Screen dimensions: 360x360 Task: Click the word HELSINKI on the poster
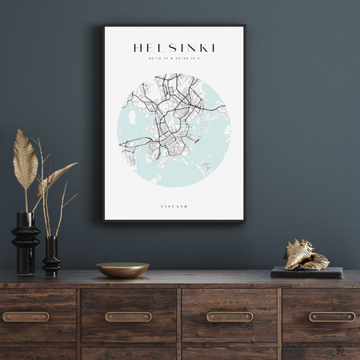pos(174,48)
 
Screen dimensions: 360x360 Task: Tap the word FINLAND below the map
pos(174,206)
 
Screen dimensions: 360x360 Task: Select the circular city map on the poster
pos(174,130)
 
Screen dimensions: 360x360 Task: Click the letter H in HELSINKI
pos(138,48)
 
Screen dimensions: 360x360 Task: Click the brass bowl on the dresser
pos(122,270)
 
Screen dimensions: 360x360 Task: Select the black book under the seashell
pos(306,273)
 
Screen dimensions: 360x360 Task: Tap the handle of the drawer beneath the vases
pos(25,317)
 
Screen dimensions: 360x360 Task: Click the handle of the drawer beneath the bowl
pos(128,317)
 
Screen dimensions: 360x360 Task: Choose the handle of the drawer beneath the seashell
pos(331,317)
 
